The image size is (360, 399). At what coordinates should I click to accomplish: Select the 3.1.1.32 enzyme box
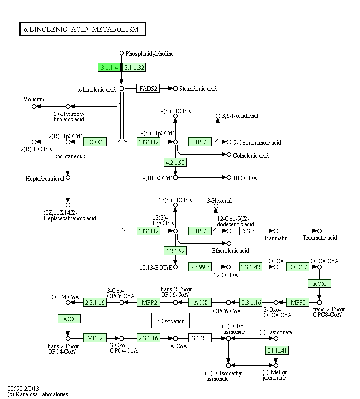point(134,67)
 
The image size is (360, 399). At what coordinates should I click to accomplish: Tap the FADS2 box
point(148,88)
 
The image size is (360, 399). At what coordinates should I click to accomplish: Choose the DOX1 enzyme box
point(95,142)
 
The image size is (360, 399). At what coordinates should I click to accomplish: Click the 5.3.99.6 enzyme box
point(200,267)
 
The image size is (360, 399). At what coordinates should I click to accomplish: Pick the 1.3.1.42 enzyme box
point(251,267)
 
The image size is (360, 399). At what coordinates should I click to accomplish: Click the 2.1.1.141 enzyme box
point(277,350)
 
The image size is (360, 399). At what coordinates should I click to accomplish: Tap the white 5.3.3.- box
point(251,231)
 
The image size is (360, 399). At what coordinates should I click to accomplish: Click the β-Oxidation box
point(171,321)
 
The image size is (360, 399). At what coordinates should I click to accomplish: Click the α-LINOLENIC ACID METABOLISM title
point(82,29)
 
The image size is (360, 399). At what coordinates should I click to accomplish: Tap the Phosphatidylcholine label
point(149,53)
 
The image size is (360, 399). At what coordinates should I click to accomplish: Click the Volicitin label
point(34,99)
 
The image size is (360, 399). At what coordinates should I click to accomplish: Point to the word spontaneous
point(70,156)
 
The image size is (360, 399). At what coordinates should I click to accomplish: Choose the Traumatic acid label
point(320,238)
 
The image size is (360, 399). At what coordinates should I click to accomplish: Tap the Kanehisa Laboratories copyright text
point(38,394)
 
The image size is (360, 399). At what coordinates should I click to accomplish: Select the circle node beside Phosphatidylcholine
point(121,53)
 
